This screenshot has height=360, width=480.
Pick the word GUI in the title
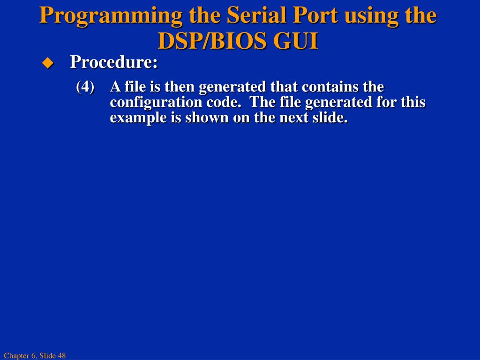(295, 41)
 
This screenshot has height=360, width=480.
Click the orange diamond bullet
(48, 63)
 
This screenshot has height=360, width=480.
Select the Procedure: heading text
(114, 62)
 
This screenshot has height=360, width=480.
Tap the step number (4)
(85, 87)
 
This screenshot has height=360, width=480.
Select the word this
(413, 102)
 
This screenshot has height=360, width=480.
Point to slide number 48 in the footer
(62, 356)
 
